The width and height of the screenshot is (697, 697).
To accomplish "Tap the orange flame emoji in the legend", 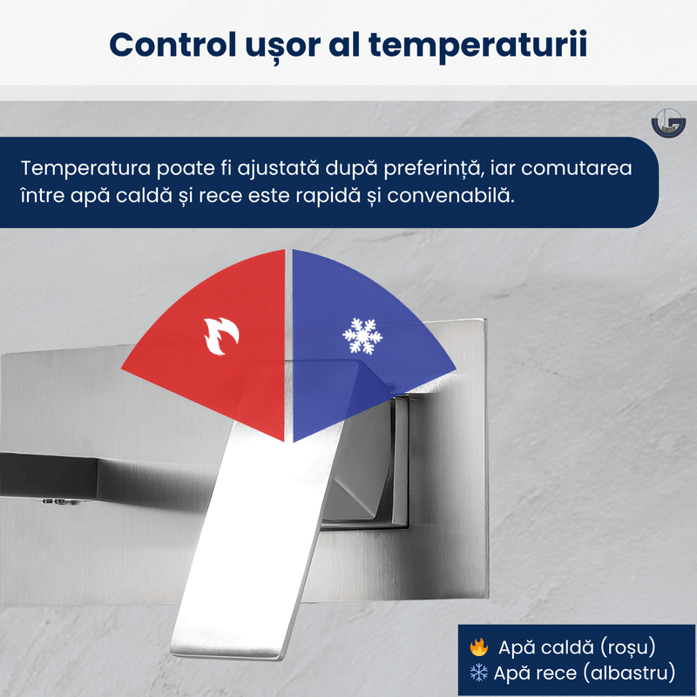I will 478,646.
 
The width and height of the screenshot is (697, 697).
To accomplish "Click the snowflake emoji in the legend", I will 478,672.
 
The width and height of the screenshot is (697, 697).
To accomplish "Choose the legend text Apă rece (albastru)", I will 585,672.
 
